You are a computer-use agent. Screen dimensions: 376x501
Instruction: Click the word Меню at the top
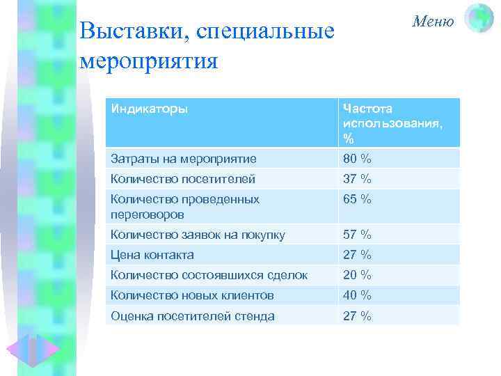point(432,21)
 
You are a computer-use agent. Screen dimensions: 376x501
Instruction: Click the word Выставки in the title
point(132,31)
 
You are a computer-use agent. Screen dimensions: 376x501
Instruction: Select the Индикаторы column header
point(149,109)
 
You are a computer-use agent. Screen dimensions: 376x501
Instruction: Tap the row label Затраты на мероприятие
point(184,159)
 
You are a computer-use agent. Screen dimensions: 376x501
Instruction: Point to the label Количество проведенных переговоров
point(185,207)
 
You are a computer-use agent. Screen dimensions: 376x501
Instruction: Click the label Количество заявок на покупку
point(198,235)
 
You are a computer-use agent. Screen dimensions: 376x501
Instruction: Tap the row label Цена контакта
point(152,255)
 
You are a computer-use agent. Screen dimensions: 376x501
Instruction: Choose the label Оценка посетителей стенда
point(193,316)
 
